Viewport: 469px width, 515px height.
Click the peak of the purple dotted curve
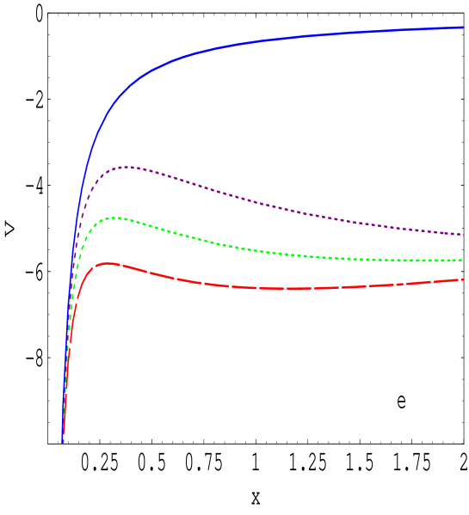pos(127,167)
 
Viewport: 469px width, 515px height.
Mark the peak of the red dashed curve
pos(107,263)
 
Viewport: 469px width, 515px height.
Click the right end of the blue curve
pos(464,27)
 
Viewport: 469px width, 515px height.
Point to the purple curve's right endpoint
pos(464,234)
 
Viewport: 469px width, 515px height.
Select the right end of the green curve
pos(464,259)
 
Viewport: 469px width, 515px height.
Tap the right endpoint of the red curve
pos(464,279)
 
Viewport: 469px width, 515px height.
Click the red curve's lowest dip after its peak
pos(284,288)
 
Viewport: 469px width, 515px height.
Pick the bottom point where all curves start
pos(63,442)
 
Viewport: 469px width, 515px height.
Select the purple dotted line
pos(258,203)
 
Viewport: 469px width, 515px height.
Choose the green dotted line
pos(258,250)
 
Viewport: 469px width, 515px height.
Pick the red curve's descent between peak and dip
pos(172,276)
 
